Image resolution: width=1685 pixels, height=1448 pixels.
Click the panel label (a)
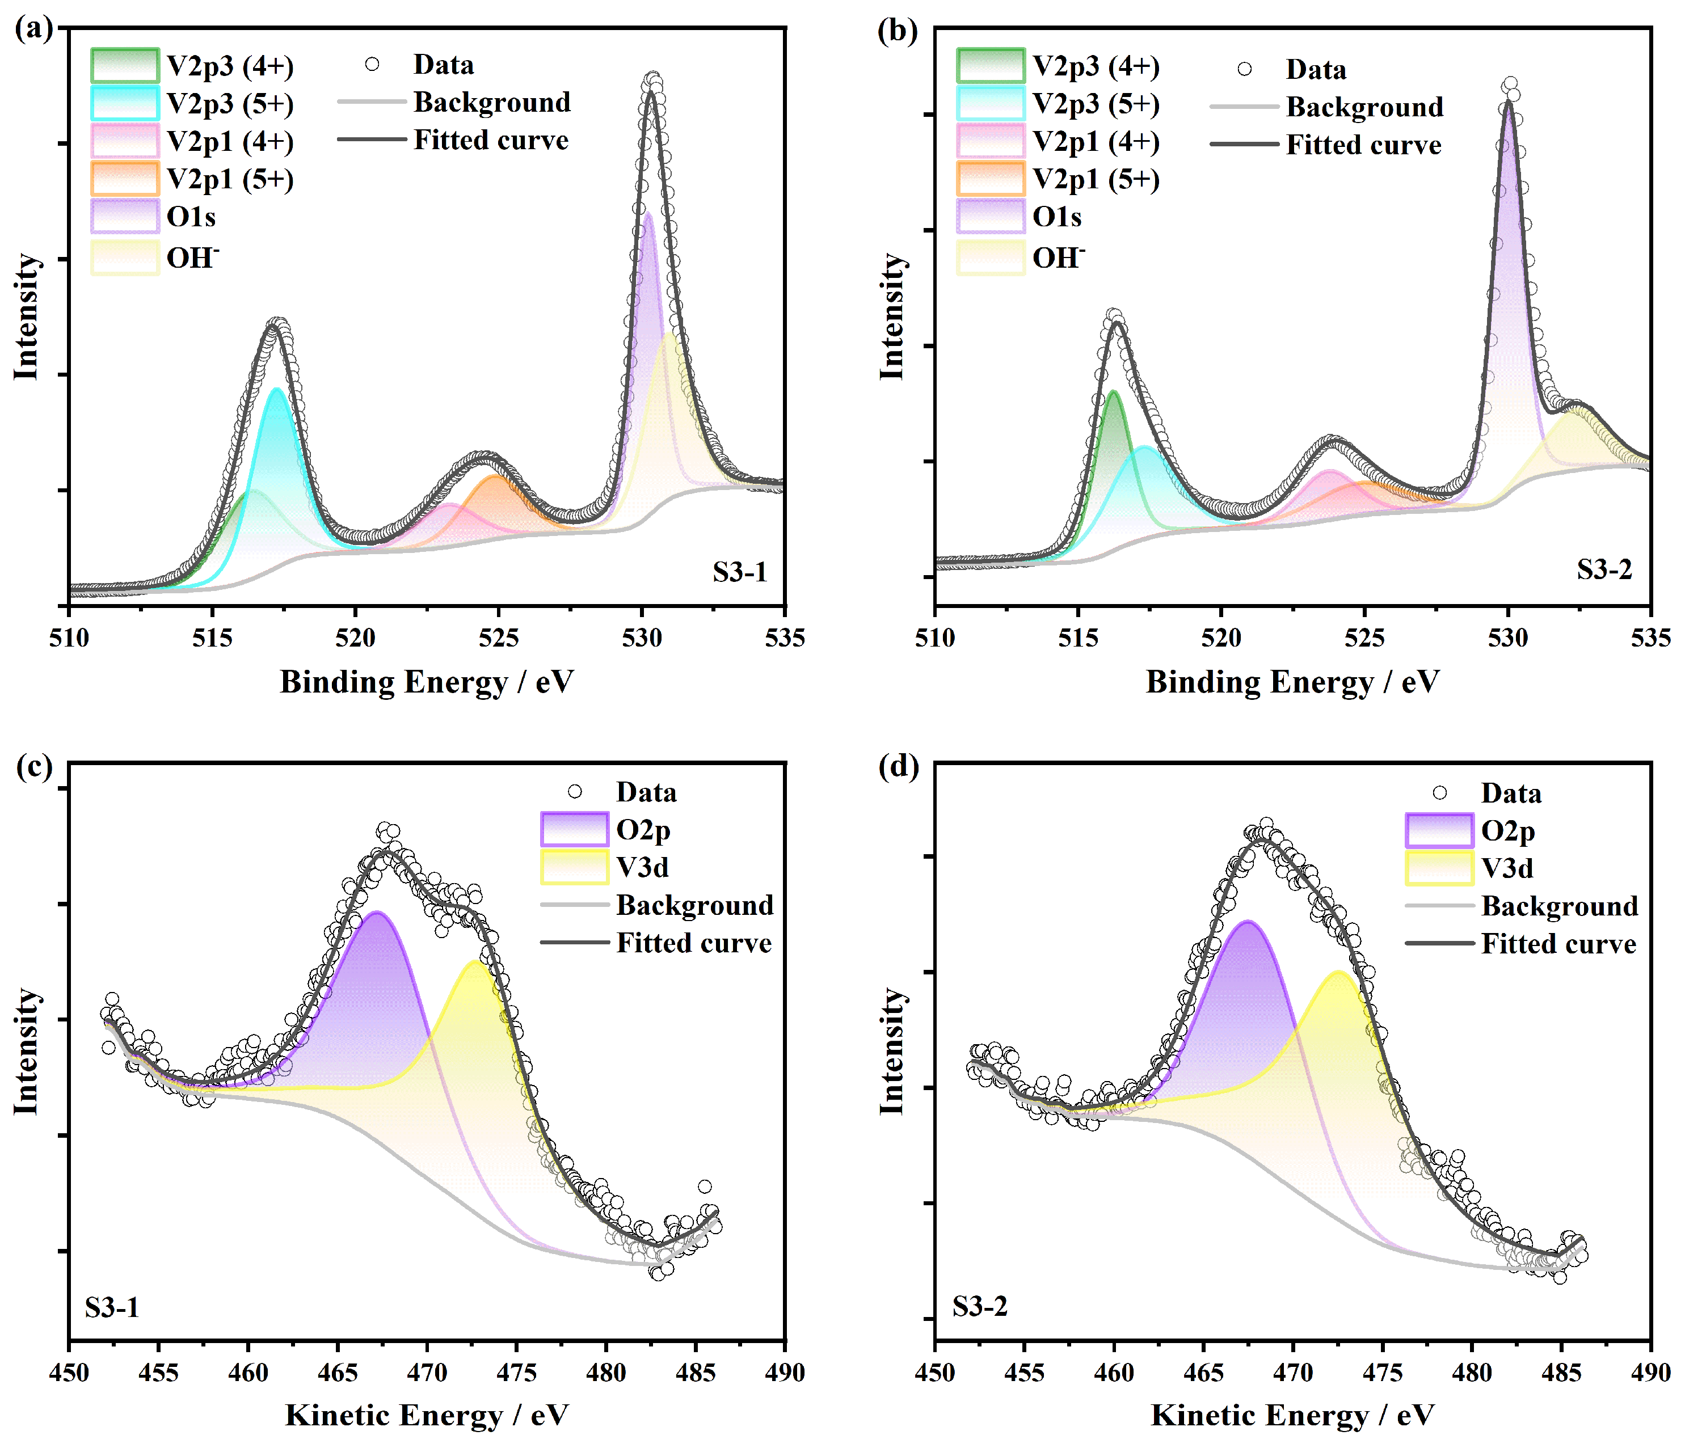[33, 30]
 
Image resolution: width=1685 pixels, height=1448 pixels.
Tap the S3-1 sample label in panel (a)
[739, 572]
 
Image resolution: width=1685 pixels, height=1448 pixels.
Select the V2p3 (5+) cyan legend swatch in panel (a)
[124, 103]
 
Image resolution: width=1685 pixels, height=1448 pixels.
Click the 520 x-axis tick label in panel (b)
[1221, 638]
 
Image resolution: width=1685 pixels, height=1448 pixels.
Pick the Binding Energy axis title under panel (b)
[1292, 681]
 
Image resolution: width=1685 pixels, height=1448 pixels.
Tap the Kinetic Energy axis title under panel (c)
[426, 1416]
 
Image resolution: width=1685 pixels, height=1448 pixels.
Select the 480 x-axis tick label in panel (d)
[1471, 1373]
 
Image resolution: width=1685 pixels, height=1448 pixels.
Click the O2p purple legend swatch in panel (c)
[574, 829]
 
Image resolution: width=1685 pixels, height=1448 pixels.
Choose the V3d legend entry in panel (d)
[1506, 868]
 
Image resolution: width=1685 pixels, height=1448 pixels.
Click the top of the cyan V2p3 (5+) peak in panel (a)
[276, 390]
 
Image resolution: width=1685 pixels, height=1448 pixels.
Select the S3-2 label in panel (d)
[979, 1307]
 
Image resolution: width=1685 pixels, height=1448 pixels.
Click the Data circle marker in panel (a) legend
[372, 64]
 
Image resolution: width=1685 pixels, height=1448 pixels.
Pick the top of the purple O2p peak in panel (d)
[1246, 922]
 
